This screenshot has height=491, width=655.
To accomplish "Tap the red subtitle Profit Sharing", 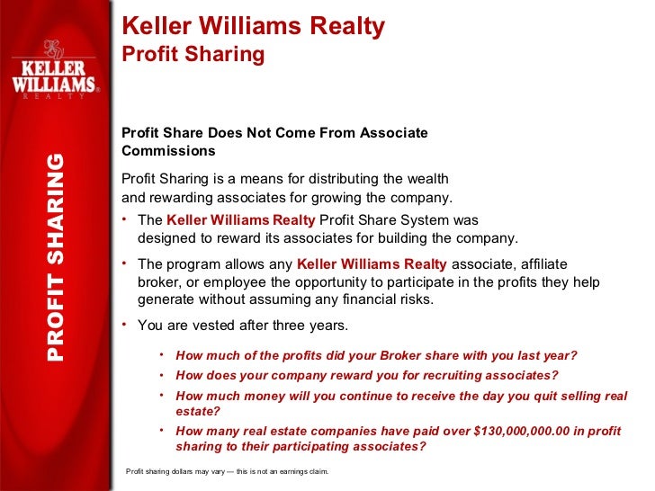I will tap(193, 55).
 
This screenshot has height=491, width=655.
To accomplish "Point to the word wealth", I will tap(427, 178).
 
